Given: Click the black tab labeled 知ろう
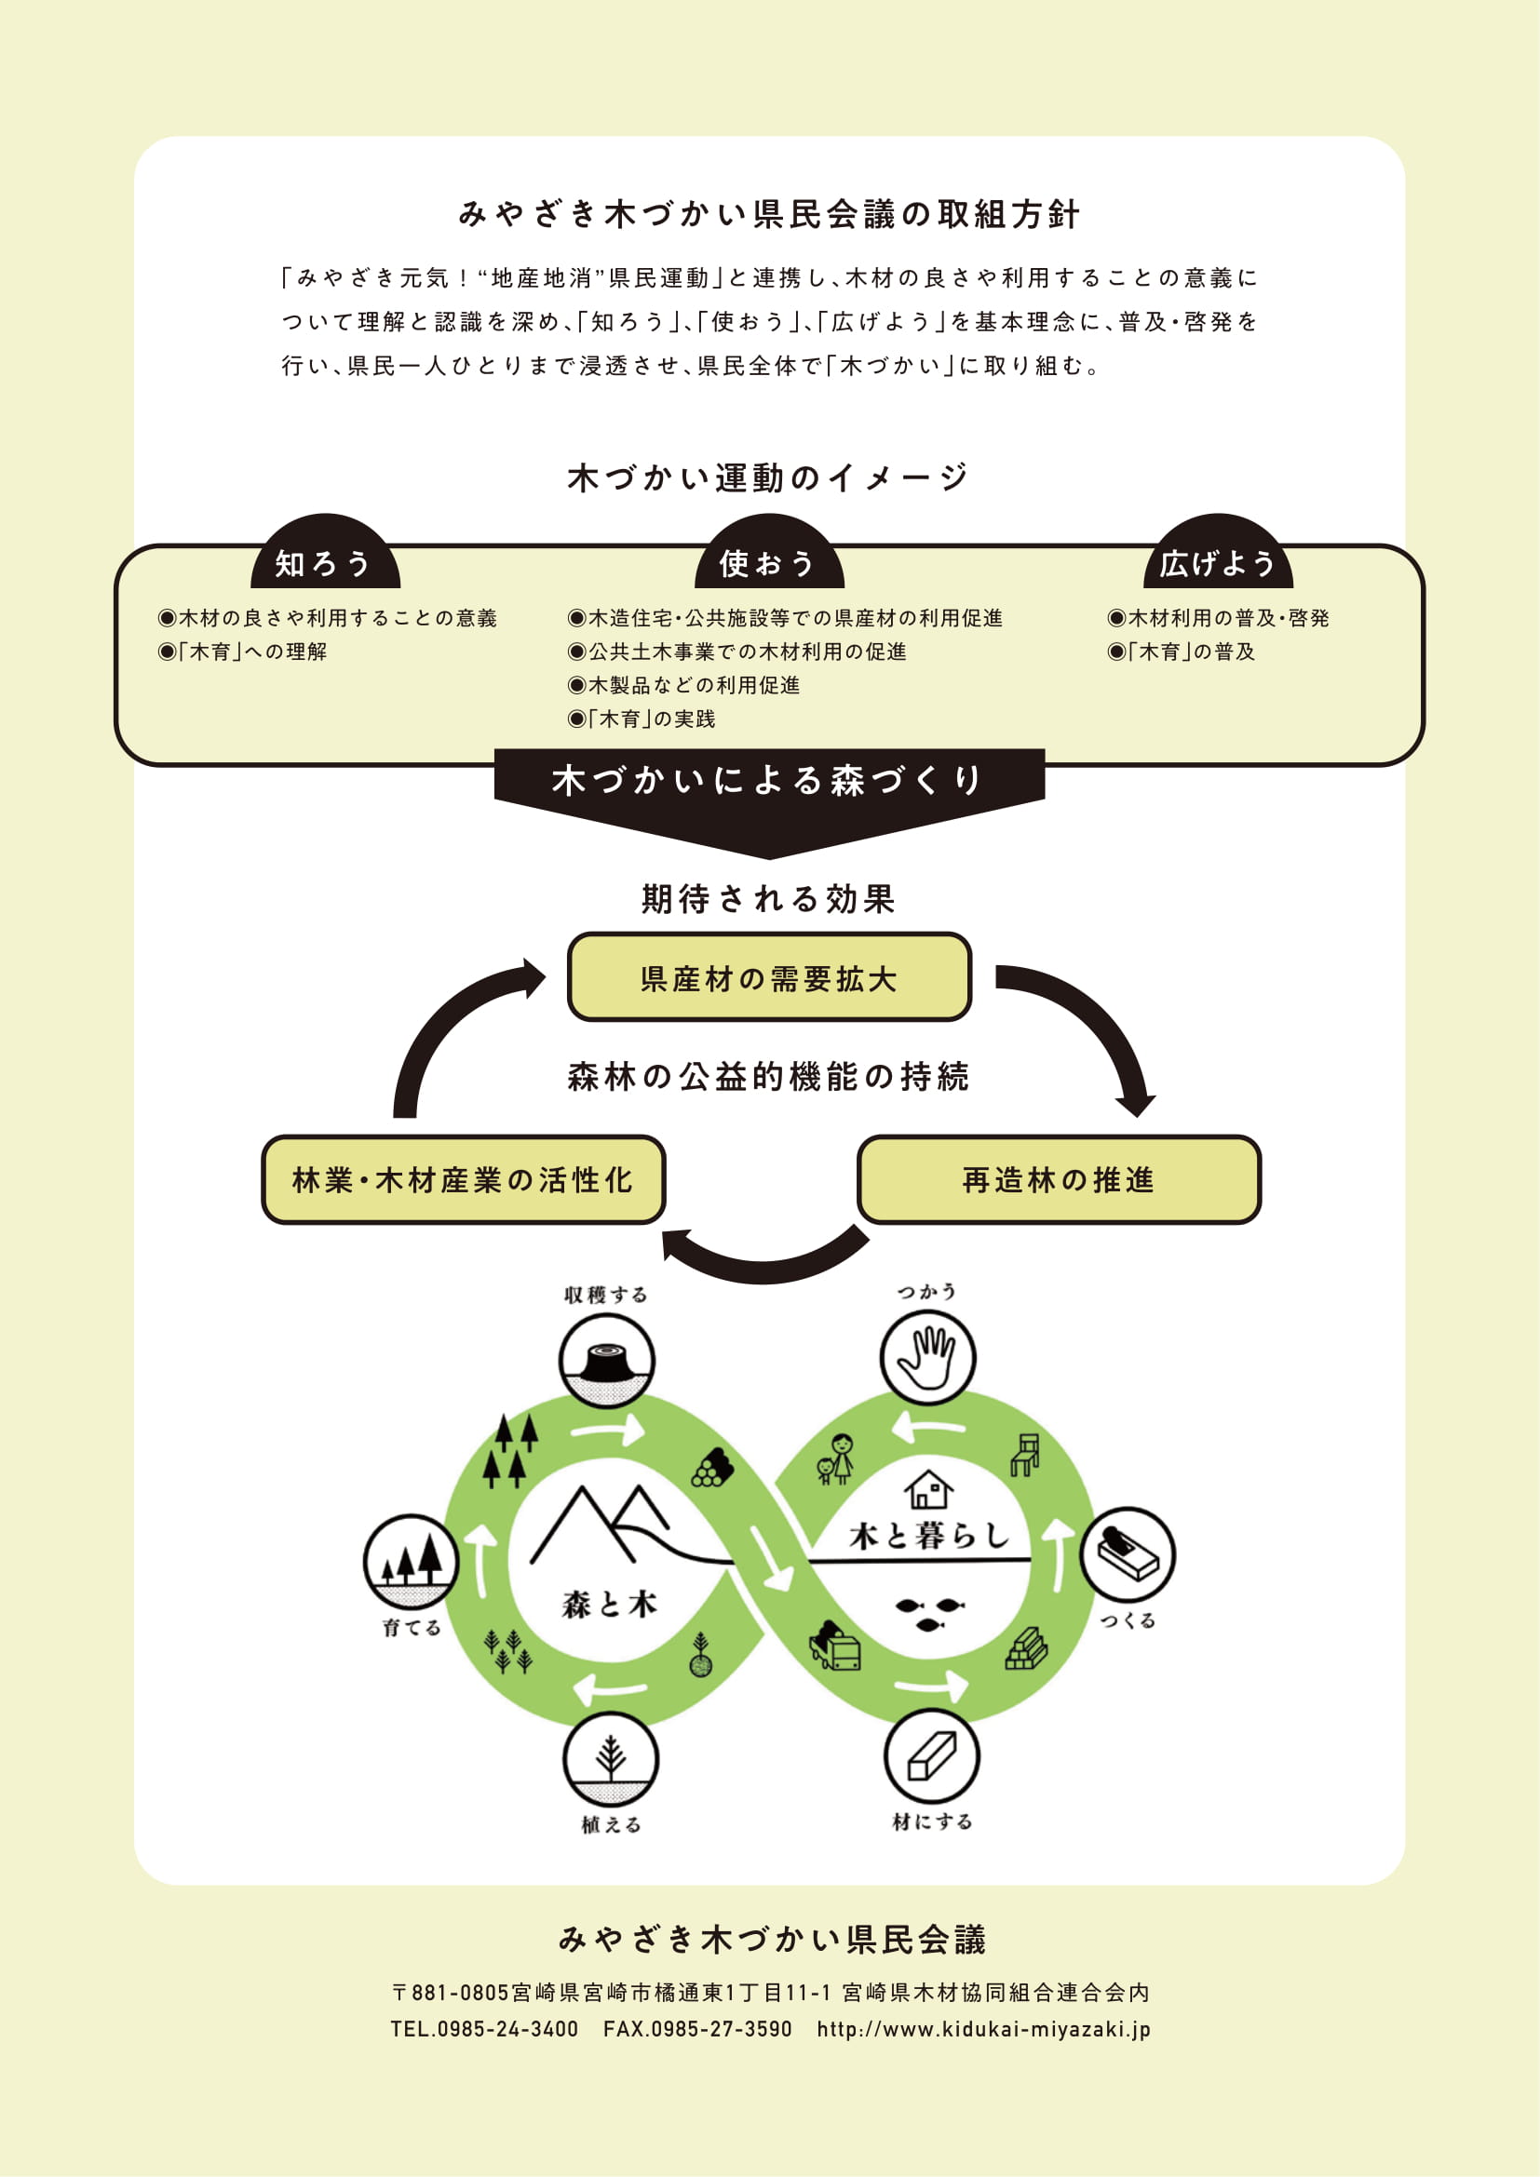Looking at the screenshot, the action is pyautogui.click(x=325, y=555).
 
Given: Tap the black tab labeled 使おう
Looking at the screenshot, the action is pyautogui.click(x=769, y=555).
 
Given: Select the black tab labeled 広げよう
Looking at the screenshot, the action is pyautogui.click(x=1219, y=555).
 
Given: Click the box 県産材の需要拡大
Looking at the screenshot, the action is pyautogui.click(x=769, y=976).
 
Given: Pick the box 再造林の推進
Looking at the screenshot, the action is pyautogui.click(x=1060, y=1179).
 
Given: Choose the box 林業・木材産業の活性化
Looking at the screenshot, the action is pyautogui.click(x=463, y=1179).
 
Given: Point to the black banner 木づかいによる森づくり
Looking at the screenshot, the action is pyautogui.click(x=769, y=797).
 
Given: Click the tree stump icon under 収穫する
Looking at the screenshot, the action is pyautogui.click(x=606, y=1360).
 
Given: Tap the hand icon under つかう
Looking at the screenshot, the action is pyautogui.click(x=927, y=1357).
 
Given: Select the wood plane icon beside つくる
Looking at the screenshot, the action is pyautogui.click(x=1128, y=1555).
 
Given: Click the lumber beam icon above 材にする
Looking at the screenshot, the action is pyautogui.click(x=932, y=1756).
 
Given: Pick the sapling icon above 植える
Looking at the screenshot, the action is pyautogui.click(x=611, y=1760).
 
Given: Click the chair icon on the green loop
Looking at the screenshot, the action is pyautogui.click(x=1025, y=1455).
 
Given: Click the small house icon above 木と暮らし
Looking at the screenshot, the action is pyautogui.click(x=928, y=1488).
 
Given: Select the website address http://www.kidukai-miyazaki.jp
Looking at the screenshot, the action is pyautogui.click(x=984, y=2029).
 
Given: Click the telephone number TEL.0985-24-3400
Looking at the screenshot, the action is pyautogui.click(x=484, y=2029).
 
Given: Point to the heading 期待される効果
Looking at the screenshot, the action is pyautogui.click(x=769, y=899).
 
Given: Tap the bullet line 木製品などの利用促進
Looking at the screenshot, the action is pyautogui.click(x=683, y=686).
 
